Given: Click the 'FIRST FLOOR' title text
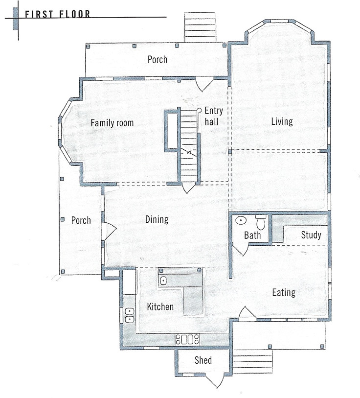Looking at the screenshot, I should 57,14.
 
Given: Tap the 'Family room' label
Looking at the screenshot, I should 112,123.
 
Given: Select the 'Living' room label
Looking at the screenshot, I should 282,121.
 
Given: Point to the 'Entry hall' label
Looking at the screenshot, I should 213,116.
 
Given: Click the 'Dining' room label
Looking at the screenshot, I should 157,219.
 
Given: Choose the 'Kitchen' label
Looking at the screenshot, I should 160,307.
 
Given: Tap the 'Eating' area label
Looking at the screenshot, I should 284,293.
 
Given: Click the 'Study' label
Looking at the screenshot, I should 311,235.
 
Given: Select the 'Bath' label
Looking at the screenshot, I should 252,235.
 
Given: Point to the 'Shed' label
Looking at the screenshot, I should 203,360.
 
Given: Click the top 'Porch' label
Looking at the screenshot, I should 157,60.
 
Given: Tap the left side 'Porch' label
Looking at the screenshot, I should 81,220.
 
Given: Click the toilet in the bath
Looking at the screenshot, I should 260,222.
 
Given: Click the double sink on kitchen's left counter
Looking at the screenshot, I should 130,315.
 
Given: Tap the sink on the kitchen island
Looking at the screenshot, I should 164,281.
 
